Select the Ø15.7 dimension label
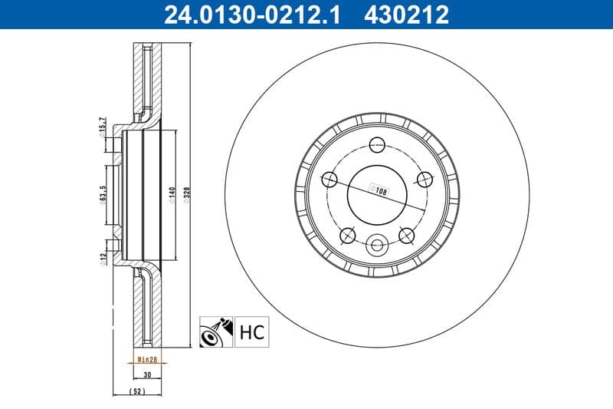102,128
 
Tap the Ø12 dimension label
102,259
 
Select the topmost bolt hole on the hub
376,143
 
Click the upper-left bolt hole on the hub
330,179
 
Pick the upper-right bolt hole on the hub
423,179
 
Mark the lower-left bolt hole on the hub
348,234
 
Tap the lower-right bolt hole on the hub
405,234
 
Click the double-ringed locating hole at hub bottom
376,246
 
